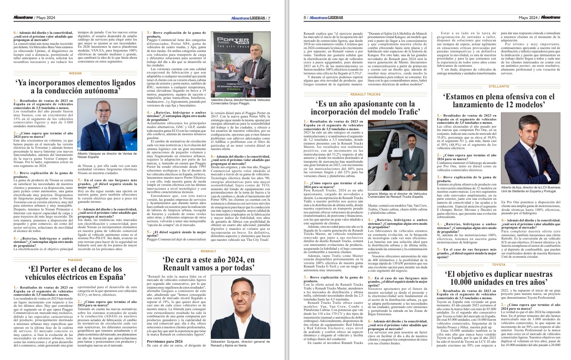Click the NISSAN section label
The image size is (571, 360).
(x=75, y=73)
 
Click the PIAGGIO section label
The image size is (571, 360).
(x=75, y=260)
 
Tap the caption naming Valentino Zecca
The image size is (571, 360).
(x=235, y=101)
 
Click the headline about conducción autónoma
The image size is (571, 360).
(x=75, y=86)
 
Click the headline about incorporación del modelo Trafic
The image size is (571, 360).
(x=365, y=107)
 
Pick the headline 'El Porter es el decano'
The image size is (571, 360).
(x=75, y=273)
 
